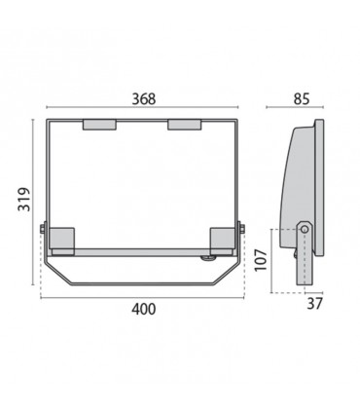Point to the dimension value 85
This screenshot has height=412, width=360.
301,98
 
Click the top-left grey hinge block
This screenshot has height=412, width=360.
99,125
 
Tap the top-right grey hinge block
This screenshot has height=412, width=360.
185,125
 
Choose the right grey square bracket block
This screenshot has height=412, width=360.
224,240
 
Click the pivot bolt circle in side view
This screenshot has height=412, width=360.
306,230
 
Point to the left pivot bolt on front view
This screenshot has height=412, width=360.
42,231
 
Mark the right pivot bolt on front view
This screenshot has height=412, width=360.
242,231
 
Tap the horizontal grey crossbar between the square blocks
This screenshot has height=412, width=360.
142,250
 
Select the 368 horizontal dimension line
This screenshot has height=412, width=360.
142,110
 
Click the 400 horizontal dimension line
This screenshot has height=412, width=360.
142,295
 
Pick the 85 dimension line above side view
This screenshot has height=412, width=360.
301,110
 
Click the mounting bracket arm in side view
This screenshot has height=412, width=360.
306,258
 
